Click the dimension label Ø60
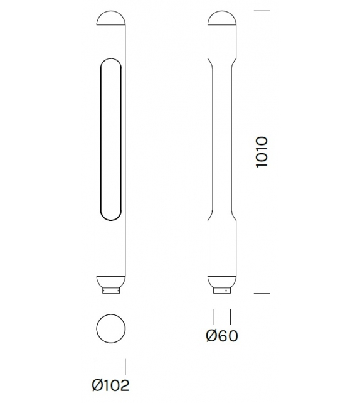click(221, 336)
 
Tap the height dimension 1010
click(262, 151)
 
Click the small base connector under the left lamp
click(112, 291)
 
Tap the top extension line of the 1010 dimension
click(262, 11)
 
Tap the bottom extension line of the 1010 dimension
click(262, 293)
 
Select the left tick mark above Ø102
click(97, 365)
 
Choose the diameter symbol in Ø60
click(211, 336)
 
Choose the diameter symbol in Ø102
click(97, 384)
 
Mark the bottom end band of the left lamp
click(112, 282)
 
